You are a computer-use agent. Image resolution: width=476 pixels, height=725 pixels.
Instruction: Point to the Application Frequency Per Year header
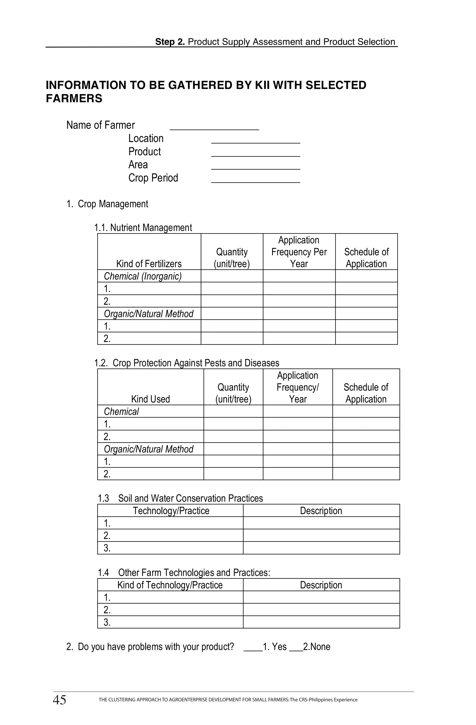pyautogui.click(x=299, y=252)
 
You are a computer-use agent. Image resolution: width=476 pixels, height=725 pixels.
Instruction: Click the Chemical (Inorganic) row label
pyautogui.click(x=143, y=276)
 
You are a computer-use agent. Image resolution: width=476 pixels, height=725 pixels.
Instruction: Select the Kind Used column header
pyautogui.click(x=150, y=399)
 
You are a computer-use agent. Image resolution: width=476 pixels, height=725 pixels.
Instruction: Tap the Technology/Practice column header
pyautogui.click(x=171, y=510)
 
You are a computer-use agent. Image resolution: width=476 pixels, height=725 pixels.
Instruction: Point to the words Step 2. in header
pyautogui.click(x=170, y=42)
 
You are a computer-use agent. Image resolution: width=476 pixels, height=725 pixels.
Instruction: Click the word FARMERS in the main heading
pyautogui.click(x=74, y=98)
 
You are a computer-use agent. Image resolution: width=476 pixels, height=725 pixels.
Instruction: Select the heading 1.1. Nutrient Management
pyautogui.click(x=143, y=228)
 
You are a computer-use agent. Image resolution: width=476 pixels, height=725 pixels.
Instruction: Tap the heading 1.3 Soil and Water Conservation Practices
pyautogui.click(x=180, y=498)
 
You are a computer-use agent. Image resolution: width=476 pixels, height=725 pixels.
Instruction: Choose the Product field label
pyautogui.click(x=145, y=151)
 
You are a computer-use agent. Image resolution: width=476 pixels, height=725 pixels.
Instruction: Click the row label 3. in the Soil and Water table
pyautogui.click(x=107, y=548)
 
